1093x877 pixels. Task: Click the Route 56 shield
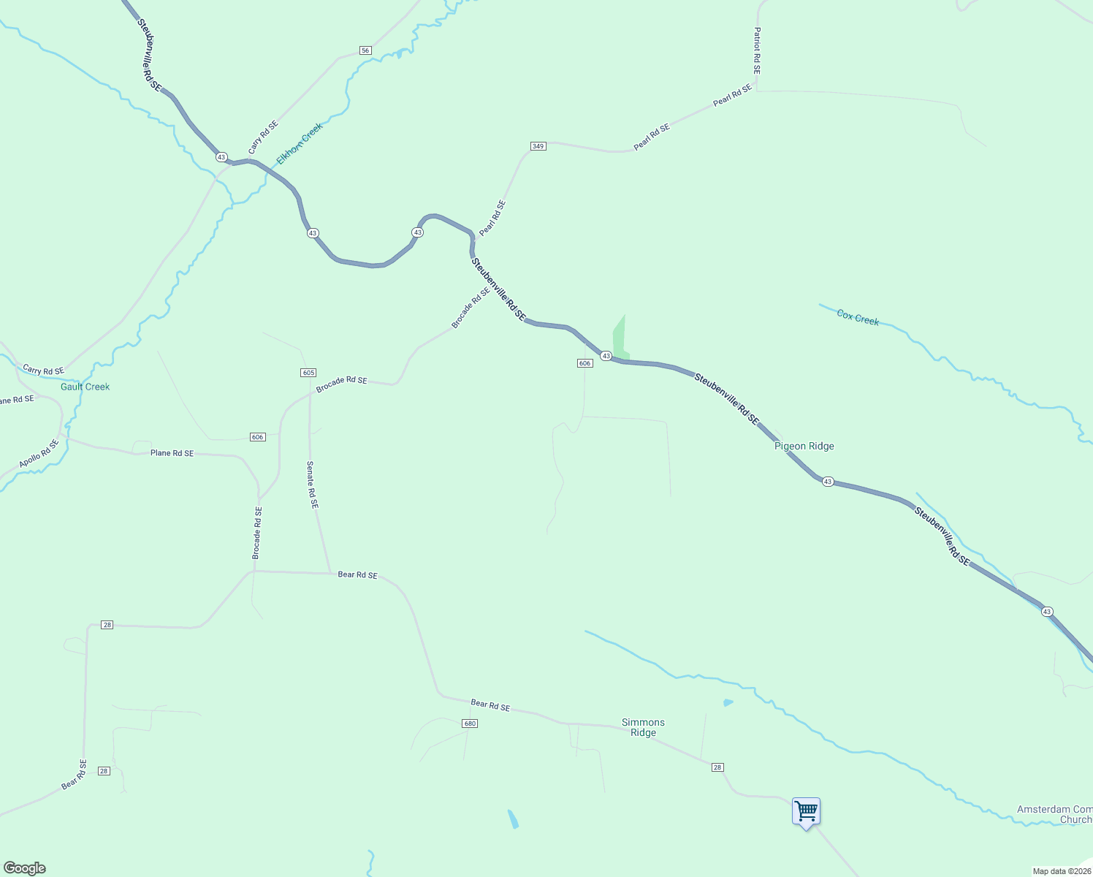click(x=365, y=50)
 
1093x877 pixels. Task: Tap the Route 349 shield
click(x=538, y=146)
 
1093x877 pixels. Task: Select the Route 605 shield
click(x=308, y=373)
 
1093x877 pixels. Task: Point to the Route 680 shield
click(x=470, y=724)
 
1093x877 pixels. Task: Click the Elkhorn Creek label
click(x=300, y=143)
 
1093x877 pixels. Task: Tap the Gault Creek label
click(x=85, y=387)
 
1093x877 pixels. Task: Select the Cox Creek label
click(x=858, y=318)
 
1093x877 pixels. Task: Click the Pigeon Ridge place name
click(x=804, y=446)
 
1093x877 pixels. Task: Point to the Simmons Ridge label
click(x=643, y=727)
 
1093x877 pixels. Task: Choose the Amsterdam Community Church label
click(x=1054, y=814)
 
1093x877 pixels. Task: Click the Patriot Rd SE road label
click(x=757, y=51)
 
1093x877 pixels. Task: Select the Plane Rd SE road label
click(x=172, y=453)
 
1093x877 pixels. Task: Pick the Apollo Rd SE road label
click(x=39, y=454)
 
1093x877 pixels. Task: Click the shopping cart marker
click(x=806, y=811)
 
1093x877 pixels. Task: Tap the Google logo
click(x=25, y=868)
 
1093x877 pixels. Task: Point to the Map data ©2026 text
click(x=1061, y=871)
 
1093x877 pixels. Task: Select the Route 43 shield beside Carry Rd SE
click(x=221, y=157)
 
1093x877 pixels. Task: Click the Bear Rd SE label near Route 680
click(x=490, y=706)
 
